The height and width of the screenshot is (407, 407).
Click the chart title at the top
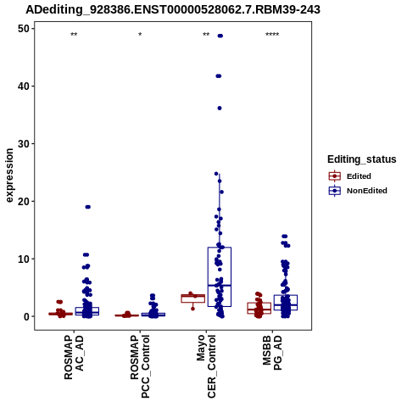(173, 9)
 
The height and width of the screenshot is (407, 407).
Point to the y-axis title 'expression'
(9, 176)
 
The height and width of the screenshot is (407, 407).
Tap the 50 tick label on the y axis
(24, 29)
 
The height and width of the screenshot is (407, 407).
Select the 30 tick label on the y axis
(24, 143)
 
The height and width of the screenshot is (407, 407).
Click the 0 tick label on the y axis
(26, 316)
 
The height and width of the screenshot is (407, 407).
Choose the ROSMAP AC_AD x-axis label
(74, 357)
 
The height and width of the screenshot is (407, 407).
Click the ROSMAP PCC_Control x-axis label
(140, 366)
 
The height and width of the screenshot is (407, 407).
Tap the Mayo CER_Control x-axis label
(206, 366)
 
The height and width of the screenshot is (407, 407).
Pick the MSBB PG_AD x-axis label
(272, 353)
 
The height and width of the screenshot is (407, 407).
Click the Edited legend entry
(350, 176)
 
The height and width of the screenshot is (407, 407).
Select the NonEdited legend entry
(358, 191)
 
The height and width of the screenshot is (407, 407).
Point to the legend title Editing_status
(362, 159)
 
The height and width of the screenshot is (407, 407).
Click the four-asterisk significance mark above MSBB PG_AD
(272, 35)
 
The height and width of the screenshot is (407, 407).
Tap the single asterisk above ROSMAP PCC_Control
(140, 35)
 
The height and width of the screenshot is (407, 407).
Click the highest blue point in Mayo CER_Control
(220, 36)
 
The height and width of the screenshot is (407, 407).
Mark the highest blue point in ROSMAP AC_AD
(88, 207)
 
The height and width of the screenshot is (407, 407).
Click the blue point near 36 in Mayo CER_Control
(220, 108)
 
